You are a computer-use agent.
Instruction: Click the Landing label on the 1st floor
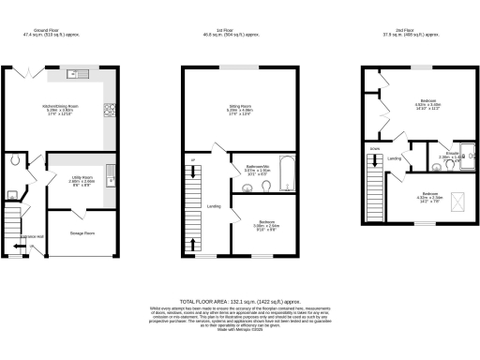click(214, 205)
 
